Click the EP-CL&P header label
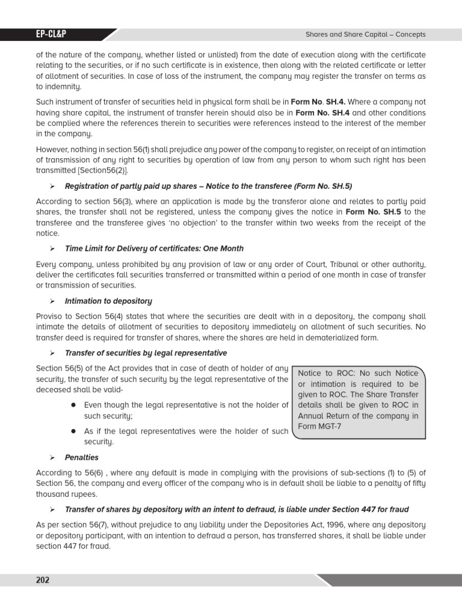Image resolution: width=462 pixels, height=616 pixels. coord(51,34)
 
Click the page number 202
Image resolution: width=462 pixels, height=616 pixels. coord(43,580)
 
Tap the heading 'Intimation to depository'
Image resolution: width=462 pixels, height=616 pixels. coord(108,301)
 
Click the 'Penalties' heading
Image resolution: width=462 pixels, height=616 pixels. coord(82,458)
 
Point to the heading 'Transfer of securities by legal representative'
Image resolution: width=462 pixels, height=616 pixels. coord(146,353)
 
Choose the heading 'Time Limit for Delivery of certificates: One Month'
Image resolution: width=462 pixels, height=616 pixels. coord(154,248)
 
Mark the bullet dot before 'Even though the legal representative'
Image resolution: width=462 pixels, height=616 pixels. coord(72,405)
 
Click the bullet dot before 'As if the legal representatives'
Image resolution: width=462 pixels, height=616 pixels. coord(72,431)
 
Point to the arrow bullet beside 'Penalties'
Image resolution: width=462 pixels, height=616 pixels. coord(52,458)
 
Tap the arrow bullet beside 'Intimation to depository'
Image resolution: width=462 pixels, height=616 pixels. coord(52,301)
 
